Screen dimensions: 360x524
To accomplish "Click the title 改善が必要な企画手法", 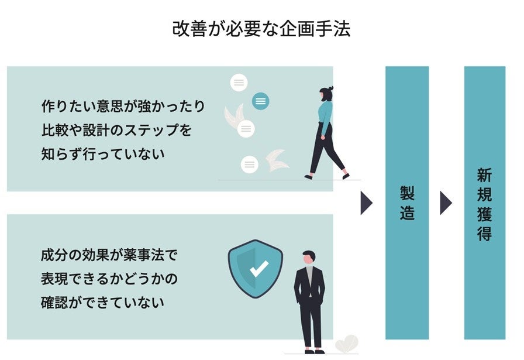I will [261, 29].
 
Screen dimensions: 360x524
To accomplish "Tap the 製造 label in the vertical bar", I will [407, 203].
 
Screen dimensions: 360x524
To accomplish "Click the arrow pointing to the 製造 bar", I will [366, 203].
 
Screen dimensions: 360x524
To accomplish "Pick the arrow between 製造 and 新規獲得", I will [446, 203].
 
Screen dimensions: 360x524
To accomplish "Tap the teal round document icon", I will [261, 101].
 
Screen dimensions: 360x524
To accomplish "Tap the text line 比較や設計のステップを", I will [116, 130].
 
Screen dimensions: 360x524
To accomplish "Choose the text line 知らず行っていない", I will [103, 154].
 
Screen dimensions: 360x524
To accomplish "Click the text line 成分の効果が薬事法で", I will [109, 255].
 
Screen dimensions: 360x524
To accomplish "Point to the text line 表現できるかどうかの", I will [109, 279].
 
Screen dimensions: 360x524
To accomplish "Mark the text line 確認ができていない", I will [102, 303].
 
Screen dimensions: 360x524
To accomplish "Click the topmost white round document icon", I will [239, 83].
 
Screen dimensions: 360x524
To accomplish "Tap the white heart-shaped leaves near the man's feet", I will [347, 342].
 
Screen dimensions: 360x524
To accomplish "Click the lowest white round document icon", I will [250, 164].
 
